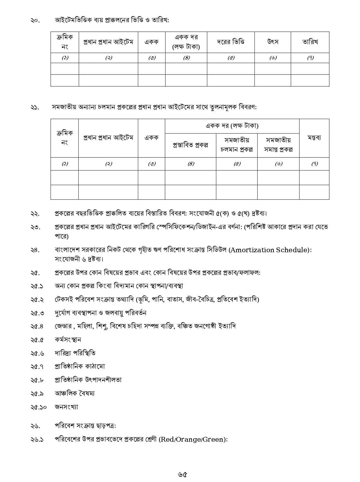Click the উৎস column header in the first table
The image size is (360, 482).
coord(273,42)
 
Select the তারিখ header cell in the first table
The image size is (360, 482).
coord(310,42)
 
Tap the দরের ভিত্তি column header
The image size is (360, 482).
coord(231,42)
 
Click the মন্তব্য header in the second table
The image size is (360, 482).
coord(314,138)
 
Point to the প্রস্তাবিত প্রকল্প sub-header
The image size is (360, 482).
coord(190,145)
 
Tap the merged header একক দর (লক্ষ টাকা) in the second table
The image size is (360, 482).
coord(232,126)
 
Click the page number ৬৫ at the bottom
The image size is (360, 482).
coord(182,474)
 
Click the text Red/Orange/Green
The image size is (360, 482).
coord(193,439)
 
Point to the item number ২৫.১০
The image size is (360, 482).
coord(38,407)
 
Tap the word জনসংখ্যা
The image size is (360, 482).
coord(66,407)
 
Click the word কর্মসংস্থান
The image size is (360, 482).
coord(68,340)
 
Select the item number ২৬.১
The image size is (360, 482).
coord(37,439)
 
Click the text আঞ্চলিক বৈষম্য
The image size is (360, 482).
coord(75,393)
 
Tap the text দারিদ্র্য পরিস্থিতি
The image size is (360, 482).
coord(75,353)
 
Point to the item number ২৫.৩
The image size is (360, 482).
coord(37,313)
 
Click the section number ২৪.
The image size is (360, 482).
coord(35,250)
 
